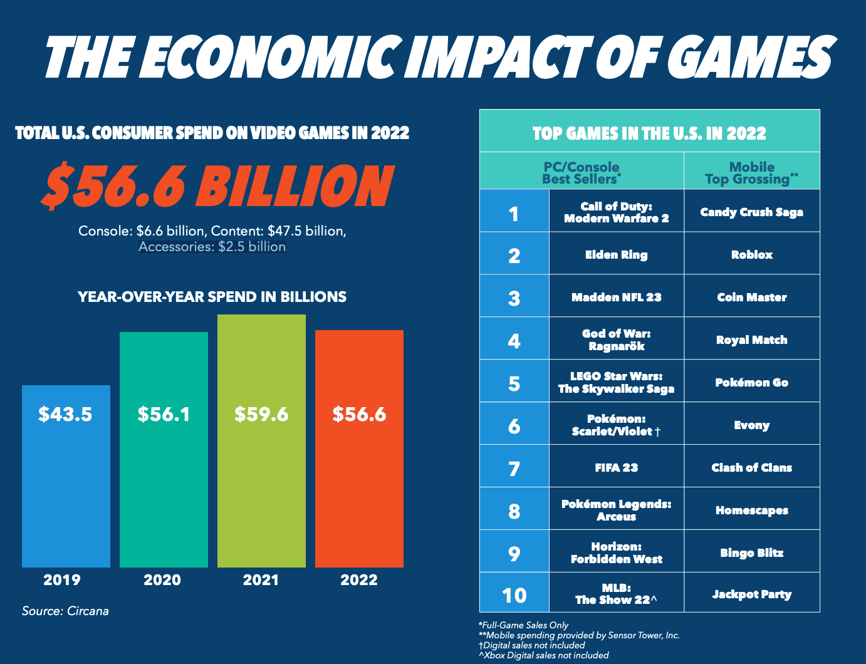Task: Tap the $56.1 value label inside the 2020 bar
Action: click(164, 414)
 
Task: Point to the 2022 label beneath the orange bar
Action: click(359, 580)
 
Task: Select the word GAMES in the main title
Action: click(749, 58)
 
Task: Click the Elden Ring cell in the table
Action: click(616, 255)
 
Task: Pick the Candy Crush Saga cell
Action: click(751, 212)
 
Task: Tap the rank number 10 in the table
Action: click(514, 594)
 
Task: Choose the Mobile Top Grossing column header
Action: click(751, 173)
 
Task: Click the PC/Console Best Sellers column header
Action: click(582, 173)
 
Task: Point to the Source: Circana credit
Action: click(65, 611)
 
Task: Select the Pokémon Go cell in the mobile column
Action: click(751, 383)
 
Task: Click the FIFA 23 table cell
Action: click(616, 468)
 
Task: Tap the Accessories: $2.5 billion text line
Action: click(212, 247)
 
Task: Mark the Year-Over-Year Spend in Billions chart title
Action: click(212, 297)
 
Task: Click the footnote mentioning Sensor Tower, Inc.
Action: click(579, 635)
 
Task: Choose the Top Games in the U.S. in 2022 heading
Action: click(649, 133)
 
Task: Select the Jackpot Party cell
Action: click(751, 594)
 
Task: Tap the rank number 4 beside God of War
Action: click(514, 341)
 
